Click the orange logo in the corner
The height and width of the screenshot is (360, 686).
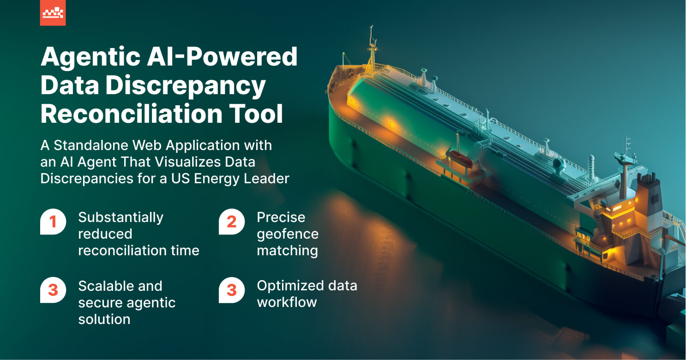tap(53, 13)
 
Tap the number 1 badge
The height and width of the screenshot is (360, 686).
tap(53, 222)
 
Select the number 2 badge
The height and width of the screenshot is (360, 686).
tap(231, 222)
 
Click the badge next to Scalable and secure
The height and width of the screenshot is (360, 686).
tap(53, 290)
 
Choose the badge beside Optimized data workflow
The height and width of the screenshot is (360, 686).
tap(231, 290)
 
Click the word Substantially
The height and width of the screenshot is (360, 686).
tap(120, 217)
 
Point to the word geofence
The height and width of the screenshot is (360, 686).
tap(287, 234)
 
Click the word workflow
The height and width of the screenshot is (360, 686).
tap(287, 302)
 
